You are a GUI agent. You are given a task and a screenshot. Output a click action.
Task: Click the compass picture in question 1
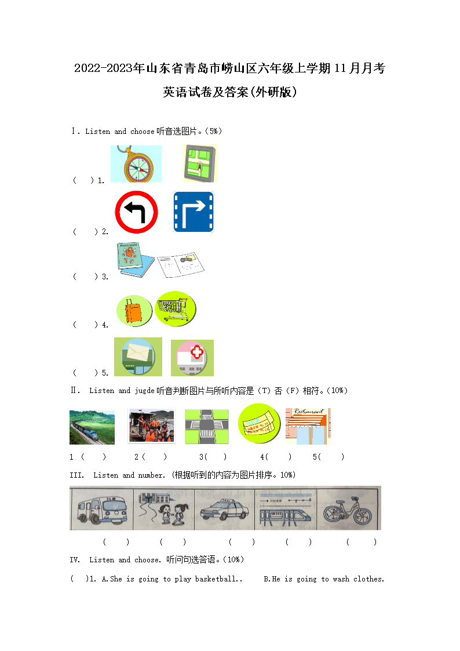point(136,163)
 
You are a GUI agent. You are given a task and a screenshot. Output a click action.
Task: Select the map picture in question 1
point(200,163)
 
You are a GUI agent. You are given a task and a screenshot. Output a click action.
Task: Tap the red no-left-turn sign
point(137,212)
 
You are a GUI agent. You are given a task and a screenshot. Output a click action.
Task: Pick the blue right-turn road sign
point(194,212)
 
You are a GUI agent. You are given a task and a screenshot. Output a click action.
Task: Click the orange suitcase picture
point(134,311)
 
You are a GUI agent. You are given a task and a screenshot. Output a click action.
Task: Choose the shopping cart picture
point(176,308)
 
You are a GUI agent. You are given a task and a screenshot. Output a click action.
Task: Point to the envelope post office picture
point(138,357)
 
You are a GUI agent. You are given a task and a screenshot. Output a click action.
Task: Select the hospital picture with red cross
point(192,358)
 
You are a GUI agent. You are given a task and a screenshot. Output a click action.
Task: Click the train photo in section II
point(92,427)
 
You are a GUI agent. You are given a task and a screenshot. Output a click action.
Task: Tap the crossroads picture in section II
point(207,427)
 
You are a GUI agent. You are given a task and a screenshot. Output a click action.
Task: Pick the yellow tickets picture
point(259,424)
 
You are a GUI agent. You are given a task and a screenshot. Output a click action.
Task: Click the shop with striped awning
point(308,427)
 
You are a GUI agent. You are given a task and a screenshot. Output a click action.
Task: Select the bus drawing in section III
point(101,508)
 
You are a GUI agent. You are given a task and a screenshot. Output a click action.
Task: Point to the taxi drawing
point(224,510)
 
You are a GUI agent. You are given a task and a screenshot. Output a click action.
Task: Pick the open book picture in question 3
point(181,264)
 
